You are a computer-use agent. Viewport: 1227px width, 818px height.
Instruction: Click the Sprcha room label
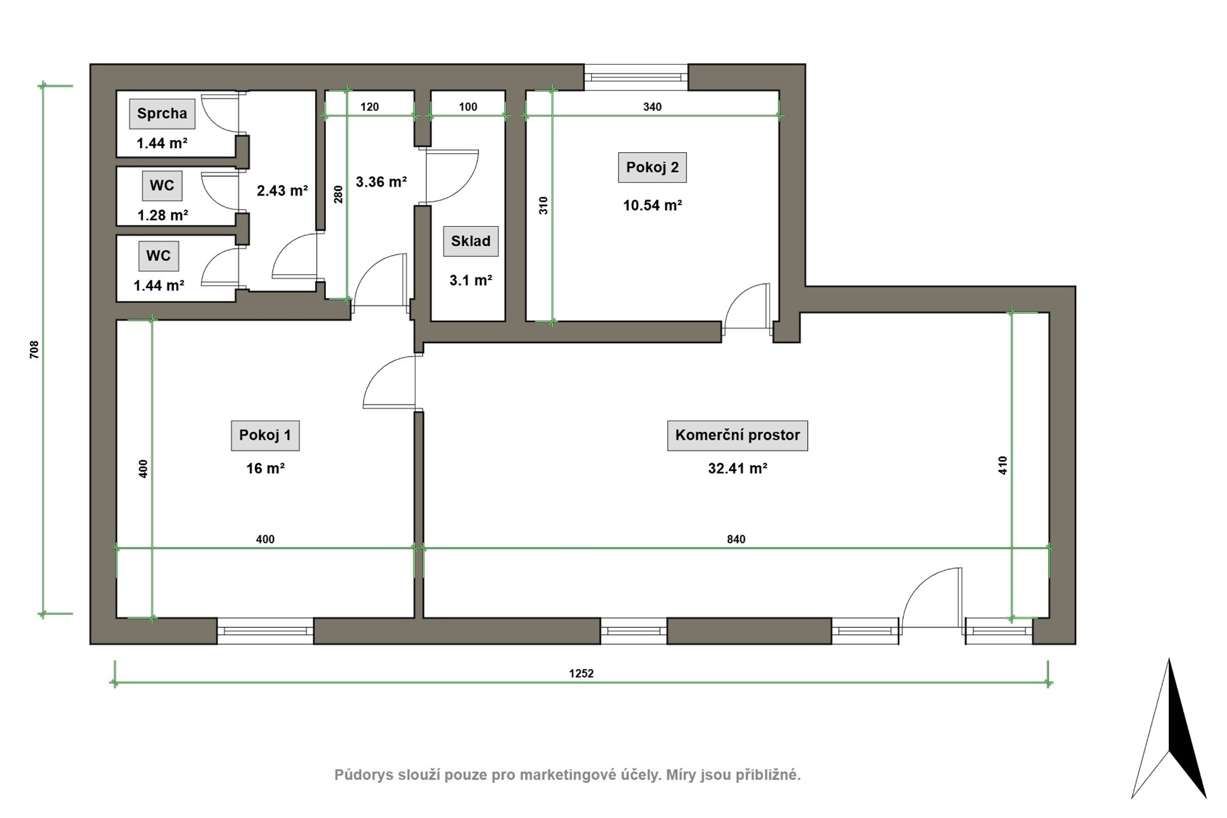162,114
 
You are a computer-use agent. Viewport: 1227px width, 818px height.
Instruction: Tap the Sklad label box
471,242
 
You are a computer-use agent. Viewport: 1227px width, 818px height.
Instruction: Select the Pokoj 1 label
265,435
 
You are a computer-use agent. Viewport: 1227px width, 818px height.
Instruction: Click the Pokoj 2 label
652,167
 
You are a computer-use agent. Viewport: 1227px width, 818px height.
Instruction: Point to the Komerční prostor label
737,435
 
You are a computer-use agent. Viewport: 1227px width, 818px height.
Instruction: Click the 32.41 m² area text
737,468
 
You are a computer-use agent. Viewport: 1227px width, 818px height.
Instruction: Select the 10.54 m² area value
652,205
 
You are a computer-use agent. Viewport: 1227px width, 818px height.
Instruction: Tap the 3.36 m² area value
382,182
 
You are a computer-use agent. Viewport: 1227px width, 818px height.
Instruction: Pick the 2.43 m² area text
282,190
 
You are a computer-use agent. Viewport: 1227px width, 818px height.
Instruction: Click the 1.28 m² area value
162,215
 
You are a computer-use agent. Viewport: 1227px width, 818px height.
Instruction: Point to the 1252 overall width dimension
582,674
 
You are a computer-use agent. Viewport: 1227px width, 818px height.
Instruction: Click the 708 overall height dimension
35,349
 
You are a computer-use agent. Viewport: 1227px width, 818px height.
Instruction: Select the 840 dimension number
736,539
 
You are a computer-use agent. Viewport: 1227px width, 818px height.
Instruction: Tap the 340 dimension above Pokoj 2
652,107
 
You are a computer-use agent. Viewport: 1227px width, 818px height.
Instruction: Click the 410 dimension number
1003,465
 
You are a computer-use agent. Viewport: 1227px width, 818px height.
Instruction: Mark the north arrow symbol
1169,729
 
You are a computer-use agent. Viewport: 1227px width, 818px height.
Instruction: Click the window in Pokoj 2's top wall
636,77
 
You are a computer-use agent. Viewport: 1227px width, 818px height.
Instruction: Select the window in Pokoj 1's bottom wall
265,631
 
